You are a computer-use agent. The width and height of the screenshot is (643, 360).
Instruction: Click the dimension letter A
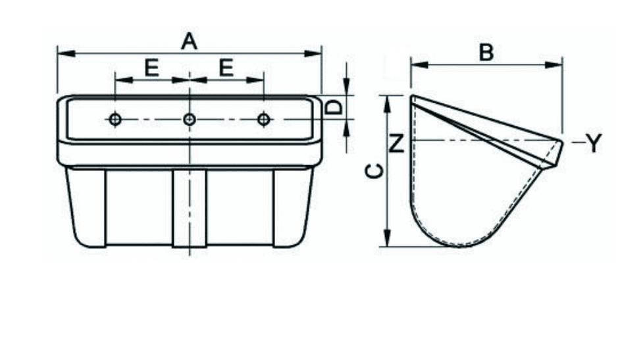[189, 42]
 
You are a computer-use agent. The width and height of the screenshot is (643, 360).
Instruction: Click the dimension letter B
[486, 53]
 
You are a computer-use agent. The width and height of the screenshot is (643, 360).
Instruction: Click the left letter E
[152, 68]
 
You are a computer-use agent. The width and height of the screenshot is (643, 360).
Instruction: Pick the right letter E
[226, 68]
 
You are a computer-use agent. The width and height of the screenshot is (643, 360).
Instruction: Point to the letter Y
[594, 143]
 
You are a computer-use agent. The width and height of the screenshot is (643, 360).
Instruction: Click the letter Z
[397, 144]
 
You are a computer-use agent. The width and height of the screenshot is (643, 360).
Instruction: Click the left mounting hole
[115, 120]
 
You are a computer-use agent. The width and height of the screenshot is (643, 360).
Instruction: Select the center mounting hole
[190, 120]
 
